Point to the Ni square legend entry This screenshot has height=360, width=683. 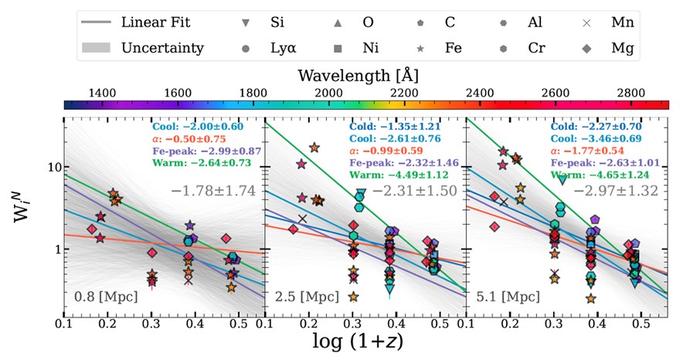(x=360, y=48)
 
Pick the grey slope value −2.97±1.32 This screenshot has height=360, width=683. (x=620, y=190)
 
